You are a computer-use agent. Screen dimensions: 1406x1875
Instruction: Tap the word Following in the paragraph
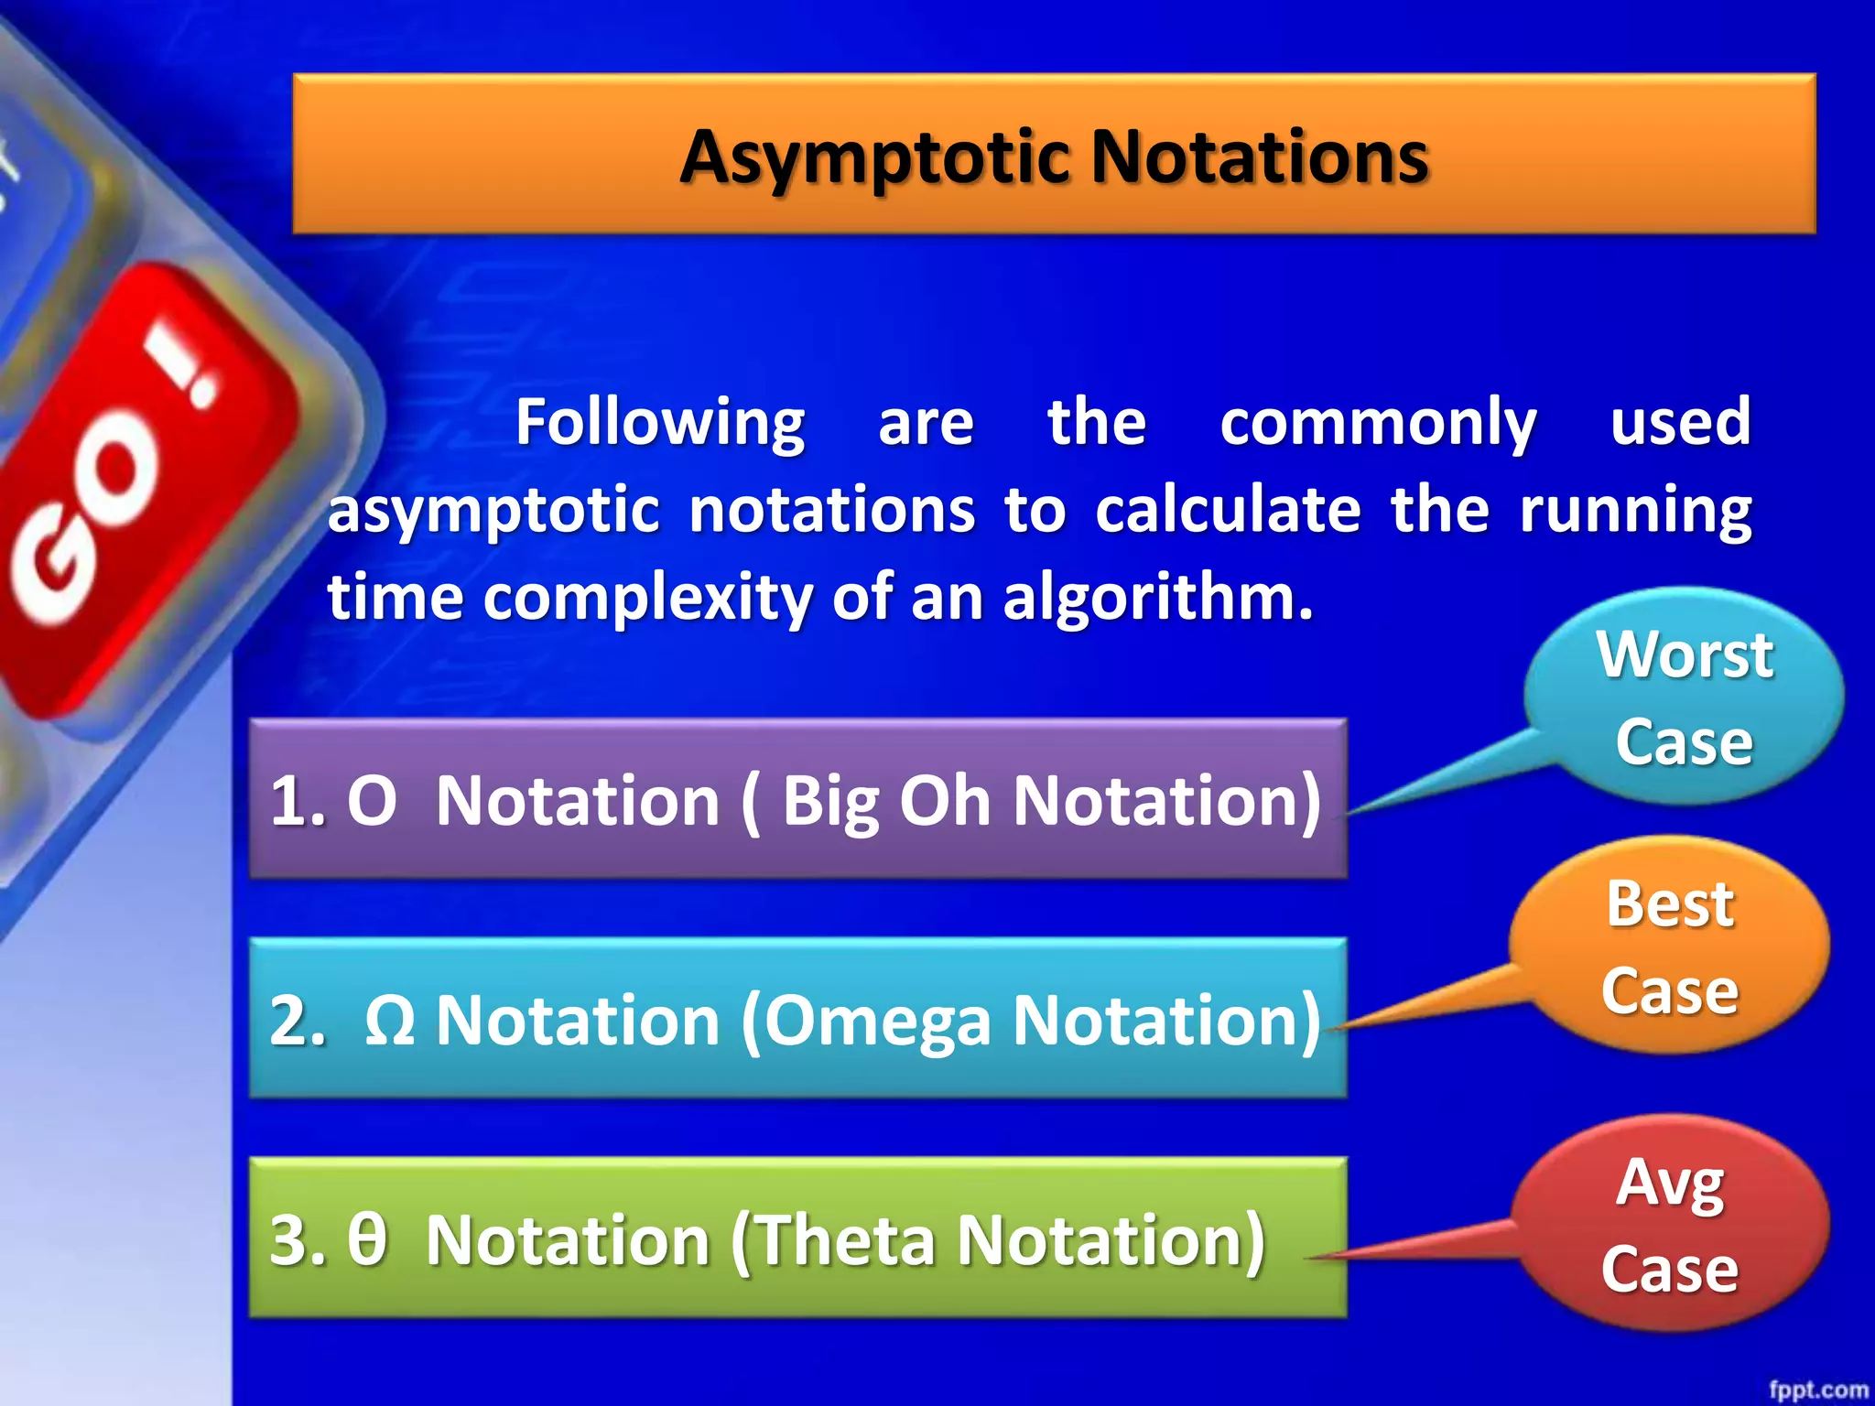point(659,423)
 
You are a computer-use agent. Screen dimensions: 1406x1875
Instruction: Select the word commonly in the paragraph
point(1377,423)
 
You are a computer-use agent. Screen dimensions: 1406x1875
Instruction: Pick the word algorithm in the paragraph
point(1157,598)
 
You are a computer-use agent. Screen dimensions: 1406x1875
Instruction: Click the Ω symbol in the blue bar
point(389,1020)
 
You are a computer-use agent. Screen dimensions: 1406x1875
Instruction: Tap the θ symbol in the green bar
point(366,1239)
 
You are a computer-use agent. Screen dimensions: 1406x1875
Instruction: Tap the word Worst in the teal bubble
point(1685,655)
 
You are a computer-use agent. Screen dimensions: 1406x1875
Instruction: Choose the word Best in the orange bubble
point(1669,904)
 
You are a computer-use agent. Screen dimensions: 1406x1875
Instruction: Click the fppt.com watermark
point(1817,1389)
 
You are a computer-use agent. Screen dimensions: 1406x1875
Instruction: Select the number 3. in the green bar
point(298,1239)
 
